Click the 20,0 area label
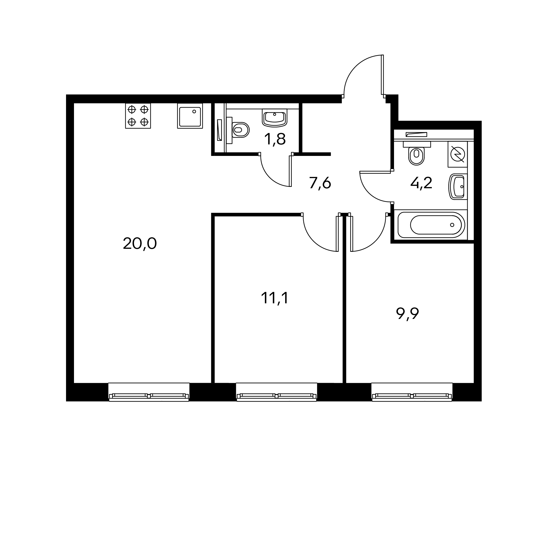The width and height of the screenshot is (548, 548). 140,244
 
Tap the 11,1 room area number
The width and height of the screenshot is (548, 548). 275,298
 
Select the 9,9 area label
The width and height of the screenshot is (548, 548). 407,314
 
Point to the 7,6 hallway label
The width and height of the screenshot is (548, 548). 320,183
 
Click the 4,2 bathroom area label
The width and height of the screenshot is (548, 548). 421,183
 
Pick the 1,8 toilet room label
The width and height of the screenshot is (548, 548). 275,139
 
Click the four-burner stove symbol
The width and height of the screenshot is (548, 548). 138,116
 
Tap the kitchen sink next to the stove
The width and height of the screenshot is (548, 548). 190,116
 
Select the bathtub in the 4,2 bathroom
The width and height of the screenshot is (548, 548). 431,225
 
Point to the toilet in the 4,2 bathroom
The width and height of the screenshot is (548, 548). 416,153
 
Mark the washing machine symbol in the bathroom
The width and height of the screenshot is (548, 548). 458,155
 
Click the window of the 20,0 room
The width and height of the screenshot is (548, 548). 149,392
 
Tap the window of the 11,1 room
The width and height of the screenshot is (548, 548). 276,392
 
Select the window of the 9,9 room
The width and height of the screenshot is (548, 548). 412,392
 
